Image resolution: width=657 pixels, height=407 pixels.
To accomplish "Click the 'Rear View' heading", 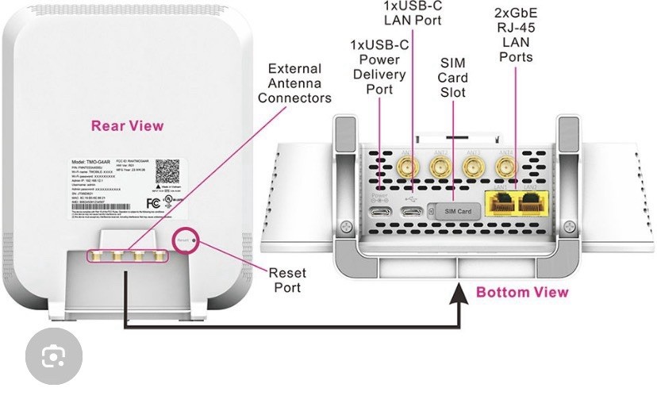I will (127, 125).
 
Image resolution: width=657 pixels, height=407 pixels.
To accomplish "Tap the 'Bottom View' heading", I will (522, 292).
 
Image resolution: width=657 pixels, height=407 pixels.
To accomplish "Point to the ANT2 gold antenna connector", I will (437, 166).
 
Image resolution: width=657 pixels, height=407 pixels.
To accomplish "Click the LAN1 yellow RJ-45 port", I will (500, 204).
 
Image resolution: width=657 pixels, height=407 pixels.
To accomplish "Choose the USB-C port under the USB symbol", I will (411, 212).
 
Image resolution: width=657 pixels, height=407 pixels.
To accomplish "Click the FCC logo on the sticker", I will (154, 202).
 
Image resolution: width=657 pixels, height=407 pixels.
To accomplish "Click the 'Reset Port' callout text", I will (287, 279).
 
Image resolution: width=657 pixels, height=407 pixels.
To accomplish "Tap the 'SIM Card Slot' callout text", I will (453, 78).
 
